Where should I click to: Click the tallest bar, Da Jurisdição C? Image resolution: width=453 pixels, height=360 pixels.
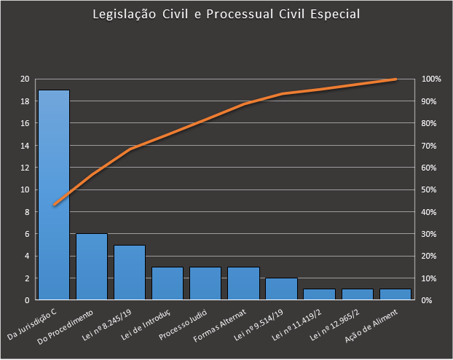(x=54, y=195)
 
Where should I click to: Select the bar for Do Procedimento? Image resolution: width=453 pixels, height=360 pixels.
(x=92, y=267)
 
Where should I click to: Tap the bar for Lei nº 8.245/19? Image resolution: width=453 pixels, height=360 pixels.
(x=130, y=273)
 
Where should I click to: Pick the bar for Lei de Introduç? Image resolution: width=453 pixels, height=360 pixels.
(x=168, y=283)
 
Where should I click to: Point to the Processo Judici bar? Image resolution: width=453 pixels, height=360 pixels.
(x=205, y=283)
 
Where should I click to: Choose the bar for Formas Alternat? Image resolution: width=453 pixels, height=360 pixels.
(x=243, y=283)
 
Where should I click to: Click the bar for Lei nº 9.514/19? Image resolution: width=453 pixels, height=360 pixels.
(x=281, y=289)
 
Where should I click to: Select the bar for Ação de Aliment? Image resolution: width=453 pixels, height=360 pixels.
(x=395, y=294)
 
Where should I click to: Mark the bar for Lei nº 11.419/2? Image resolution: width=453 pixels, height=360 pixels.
(x=319, y=294)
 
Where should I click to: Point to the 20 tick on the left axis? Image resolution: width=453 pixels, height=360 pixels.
(x=25, y=79)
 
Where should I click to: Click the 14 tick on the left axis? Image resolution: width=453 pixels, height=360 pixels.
(x=25, y=145)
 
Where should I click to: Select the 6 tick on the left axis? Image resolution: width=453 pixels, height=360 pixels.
(x=27, y=234)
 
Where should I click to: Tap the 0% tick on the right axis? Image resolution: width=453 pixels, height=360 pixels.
(x=428, y=300)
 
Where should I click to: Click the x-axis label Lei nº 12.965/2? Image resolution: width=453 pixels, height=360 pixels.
(x=337, y=321)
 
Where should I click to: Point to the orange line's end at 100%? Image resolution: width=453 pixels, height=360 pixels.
(x=395, y=79)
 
